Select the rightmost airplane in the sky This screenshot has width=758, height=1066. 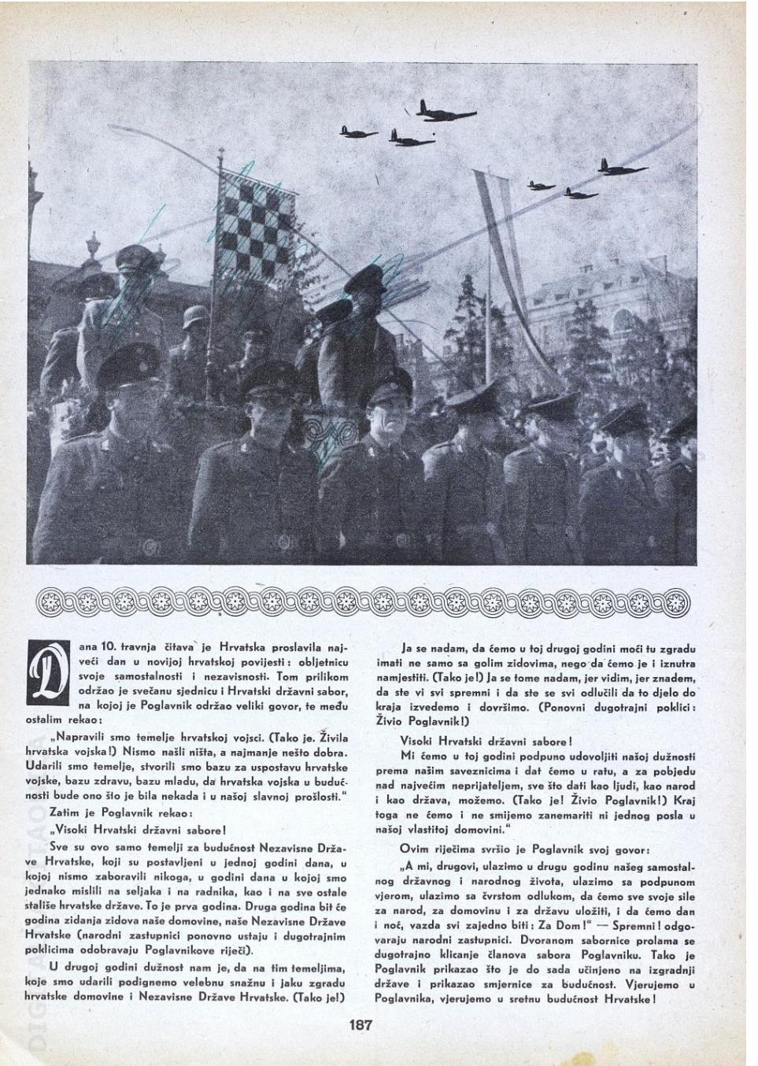(622, 167)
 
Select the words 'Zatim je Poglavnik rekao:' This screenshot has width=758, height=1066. (118, 812)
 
